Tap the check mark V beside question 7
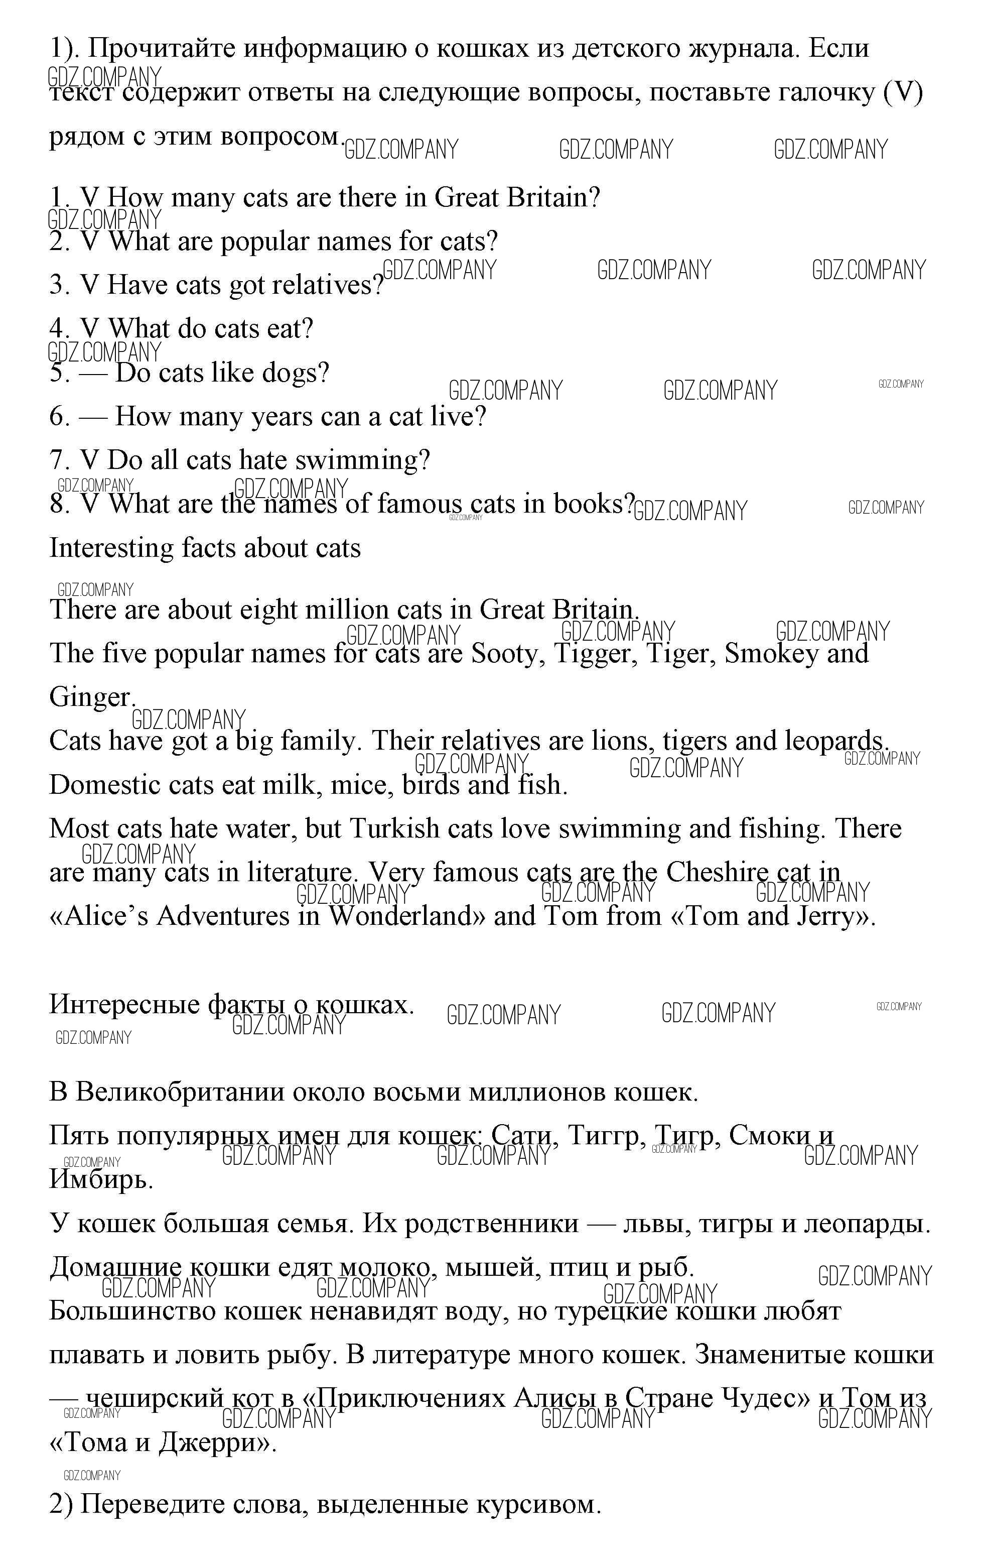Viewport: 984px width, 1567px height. pos(89,460)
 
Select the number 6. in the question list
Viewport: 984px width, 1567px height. pos(59,417)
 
